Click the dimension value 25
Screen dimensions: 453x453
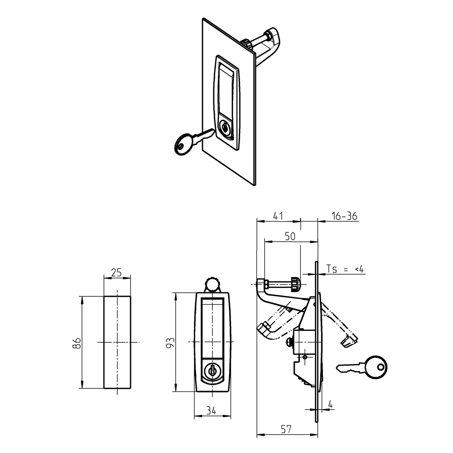pos(116,273)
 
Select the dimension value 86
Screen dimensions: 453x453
pos(77,343)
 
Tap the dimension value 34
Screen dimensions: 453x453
pos(211,411)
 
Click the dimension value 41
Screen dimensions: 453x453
pos(278,216)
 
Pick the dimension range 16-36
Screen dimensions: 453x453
pos(344,216)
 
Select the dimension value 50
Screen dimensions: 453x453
pos(290,236)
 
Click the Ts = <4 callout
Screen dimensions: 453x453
pos(345,269)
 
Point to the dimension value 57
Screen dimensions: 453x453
pos(286,429)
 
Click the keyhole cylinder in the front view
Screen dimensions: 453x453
pos(212,370)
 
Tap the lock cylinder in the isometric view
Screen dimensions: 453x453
pos(225,129)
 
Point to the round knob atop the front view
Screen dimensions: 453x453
pos(212,284)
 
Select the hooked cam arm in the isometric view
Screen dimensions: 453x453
pos(268,44)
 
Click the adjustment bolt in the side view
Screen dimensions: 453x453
pos(281,283)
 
